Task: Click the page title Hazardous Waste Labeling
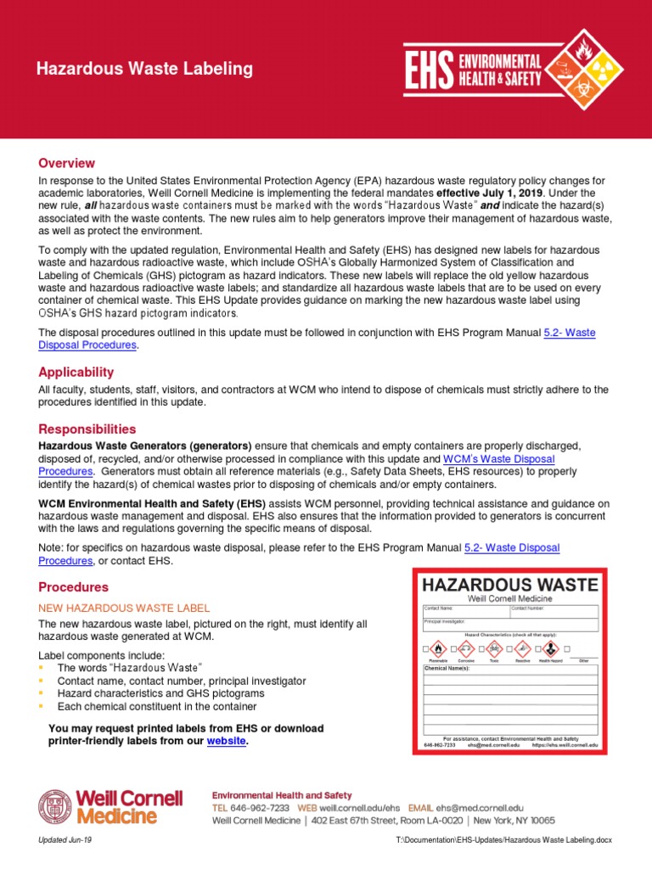pos(132,69)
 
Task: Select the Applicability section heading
pos(76,372)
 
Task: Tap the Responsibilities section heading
pos(87,429)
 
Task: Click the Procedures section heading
pos(73,586)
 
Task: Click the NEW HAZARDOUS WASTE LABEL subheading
pos(124,608)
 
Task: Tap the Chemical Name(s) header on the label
pos(447,669)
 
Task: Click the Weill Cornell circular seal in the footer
pos(55,806)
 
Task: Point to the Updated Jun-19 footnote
pos(65,839)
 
